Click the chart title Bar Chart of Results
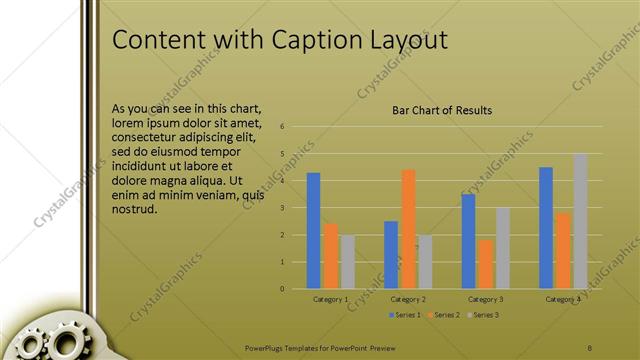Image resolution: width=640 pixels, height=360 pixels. pos(442,110)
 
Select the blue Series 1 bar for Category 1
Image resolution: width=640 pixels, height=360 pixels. pos(313,231)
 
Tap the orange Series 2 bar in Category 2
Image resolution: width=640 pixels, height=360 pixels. pos(408,229)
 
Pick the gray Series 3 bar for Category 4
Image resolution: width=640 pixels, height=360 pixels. pos(580,221)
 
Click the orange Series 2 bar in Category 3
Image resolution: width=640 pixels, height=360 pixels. pos(486,264)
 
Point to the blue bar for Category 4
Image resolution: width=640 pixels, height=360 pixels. pos(546,228)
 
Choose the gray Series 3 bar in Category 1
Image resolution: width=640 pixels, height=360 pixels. pos(347,262)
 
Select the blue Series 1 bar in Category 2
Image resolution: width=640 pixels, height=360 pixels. pos(391,255)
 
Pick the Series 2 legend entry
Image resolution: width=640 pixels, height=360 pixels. pos(445,315)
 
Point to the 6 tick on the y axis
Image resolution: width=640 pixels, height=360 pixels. pos(284,127)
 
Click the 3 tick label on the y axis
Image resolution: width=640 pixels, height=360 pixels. pos(284,208)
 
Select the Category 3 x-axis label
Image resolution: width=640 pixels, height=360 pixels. pos(486,299)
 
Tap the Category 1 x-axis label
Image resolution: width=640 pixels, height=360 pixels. pos(331,299)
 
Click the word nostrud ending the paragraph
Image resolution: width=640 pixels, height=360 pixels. pos(135,209)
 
